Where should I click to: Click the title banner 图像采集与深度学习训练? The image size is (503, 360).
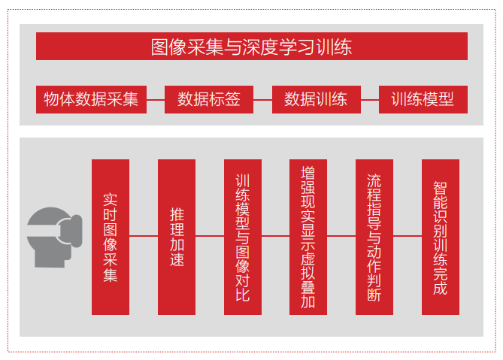[251, 46]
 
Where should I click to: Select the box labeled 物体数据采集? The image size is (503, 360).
[91, 99]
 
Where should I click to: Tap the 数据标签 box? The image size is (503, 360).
[209, 99]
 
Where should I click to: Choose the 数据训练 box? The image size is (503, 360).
[317, 99]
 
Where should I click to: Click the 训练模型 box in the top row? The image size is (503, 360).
[423, 99]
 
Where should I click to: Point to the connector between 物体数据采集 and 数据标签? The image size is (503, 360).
[156, 100]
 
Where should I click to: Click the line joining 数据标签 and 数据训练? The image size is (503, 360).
[262, 100]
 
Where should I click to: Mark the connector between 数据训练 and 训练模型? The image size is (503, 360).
[370, 100]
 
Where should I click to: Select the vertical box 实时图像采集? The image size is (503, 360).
[111, 237]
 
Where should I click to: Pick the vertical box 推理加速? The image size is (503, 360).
[177, 237]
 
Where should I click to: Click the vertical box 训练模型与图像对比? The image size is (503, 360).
[243, 237]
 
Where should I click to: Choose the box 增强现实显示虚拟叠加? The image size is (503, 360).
[308, 237]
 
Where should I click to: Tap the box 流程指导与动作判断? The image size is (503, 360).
[374, 237]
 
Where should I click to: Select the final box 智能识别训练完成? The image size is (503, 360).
[441, 237]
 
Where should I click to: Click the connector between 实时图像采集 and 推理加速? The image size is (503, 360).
[144, 236]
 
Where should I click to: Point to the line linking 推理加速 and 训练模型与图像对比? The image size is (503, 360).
[210, 236]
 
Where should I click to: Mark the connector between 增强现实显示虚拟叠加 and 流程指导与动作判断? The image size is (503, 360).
[341, 236]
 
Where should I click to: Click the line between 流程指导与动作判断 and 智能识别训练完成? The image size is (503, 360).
[408, 236]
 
